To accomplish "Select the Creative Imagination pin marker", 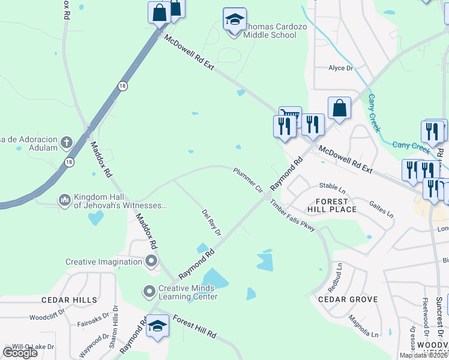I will point(151,261).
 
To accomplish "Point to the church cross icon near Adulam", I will point(66,143).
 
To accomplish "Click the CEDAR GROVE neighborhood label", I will point(348,299).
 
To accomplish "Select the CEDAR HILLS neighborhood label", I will point(69,299).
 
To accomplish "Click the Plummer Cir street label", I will point(249,179).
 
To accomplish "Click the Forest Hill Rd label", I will point(194,328).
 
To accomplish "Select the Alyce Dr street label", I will point(341,68).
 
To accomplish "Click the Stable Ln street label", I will point(334,186).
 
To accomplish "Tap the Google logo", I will point(20,352).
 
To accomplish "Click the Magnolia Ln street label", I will point(363,326).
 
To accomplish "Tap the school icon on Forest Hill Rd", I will point(157,327).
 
